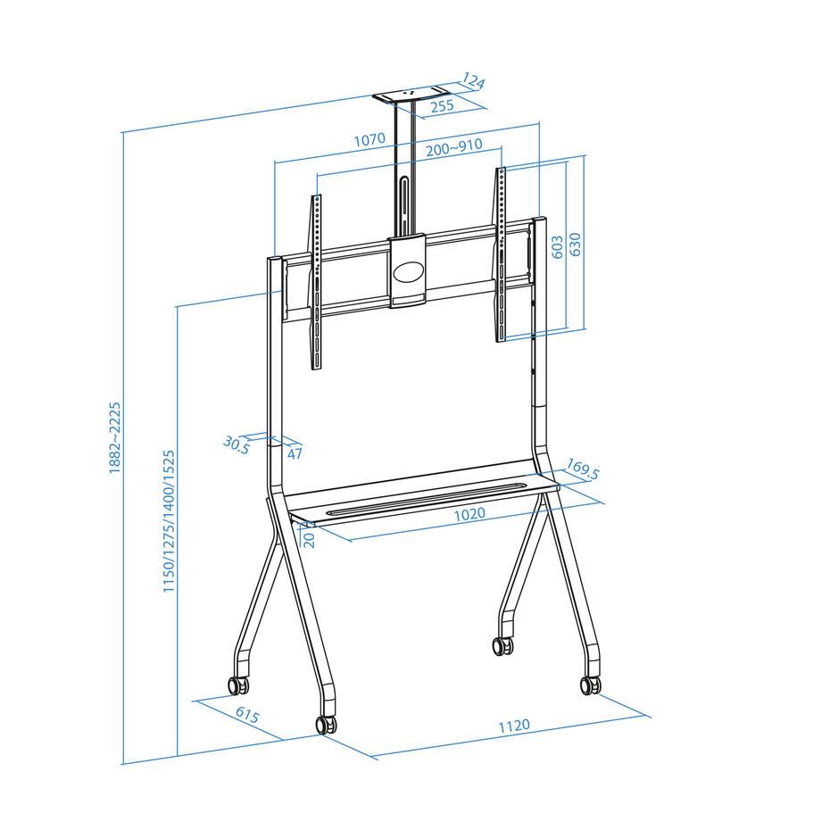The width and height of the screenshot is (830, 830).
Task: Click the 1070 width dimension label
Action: pyautogui.click(x=369, y=139)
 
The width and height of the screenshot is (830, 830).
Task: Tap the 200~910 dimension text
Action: pyautogui.click(x=453, y=147)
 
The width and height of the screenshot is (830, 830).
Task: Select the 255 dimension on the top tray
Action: pyautogui.click(x=441, y=105)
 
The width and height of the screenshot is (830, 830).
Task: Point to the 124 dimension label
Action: pyautogui.click(x=474, y=83)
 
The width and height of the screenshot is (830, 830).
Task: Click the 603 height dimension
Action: pyautogui.click(x=557, y=247)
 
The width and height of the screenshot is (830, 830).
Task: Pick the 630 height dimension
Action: pyautogui.click(x=576, y=244)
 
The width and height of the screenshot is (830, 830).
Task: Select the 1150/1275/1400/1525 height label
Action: pyautogui.click(x=169, y=522)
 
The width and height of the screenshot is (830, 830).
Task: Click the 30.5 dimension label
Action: pyautogui.click(x=236, y=444)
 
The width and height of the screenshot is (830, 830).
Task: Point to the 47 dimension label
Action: pyautogui.click(x=295, y=453)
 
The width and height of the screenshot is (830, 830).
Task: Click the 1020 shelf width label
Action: pyautogui.click(x=469, y=513)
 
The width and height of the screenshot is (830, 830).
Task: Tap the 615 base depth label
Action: pyautogui.click(x=247, y=717)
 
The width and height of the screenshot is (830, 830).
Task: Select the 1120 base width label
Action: pyautogui.click(x=515, y=725)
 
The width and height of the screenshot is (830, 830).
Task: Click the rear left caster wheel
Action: pyautogui.click(x=237, y=685)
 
